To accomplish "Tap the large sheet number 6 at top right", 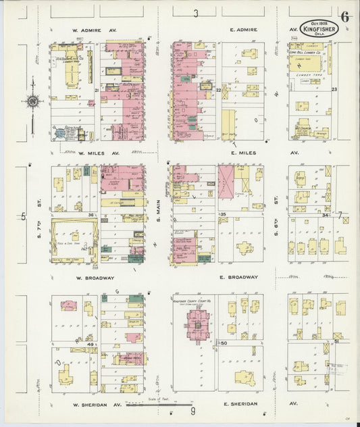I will [344, 18].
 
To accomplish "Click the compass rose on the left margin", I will [31, 102].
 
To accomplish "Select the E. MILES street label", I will [243, 153].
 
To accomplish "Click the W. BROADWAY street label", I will [95, 277].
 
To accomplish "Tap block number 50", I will [224, 344].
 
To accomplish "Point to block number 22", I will [218, 89].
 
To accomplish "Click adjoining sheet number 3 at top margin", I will [196, 14].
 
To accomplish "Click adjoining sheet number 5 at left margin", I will [23, 216].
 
